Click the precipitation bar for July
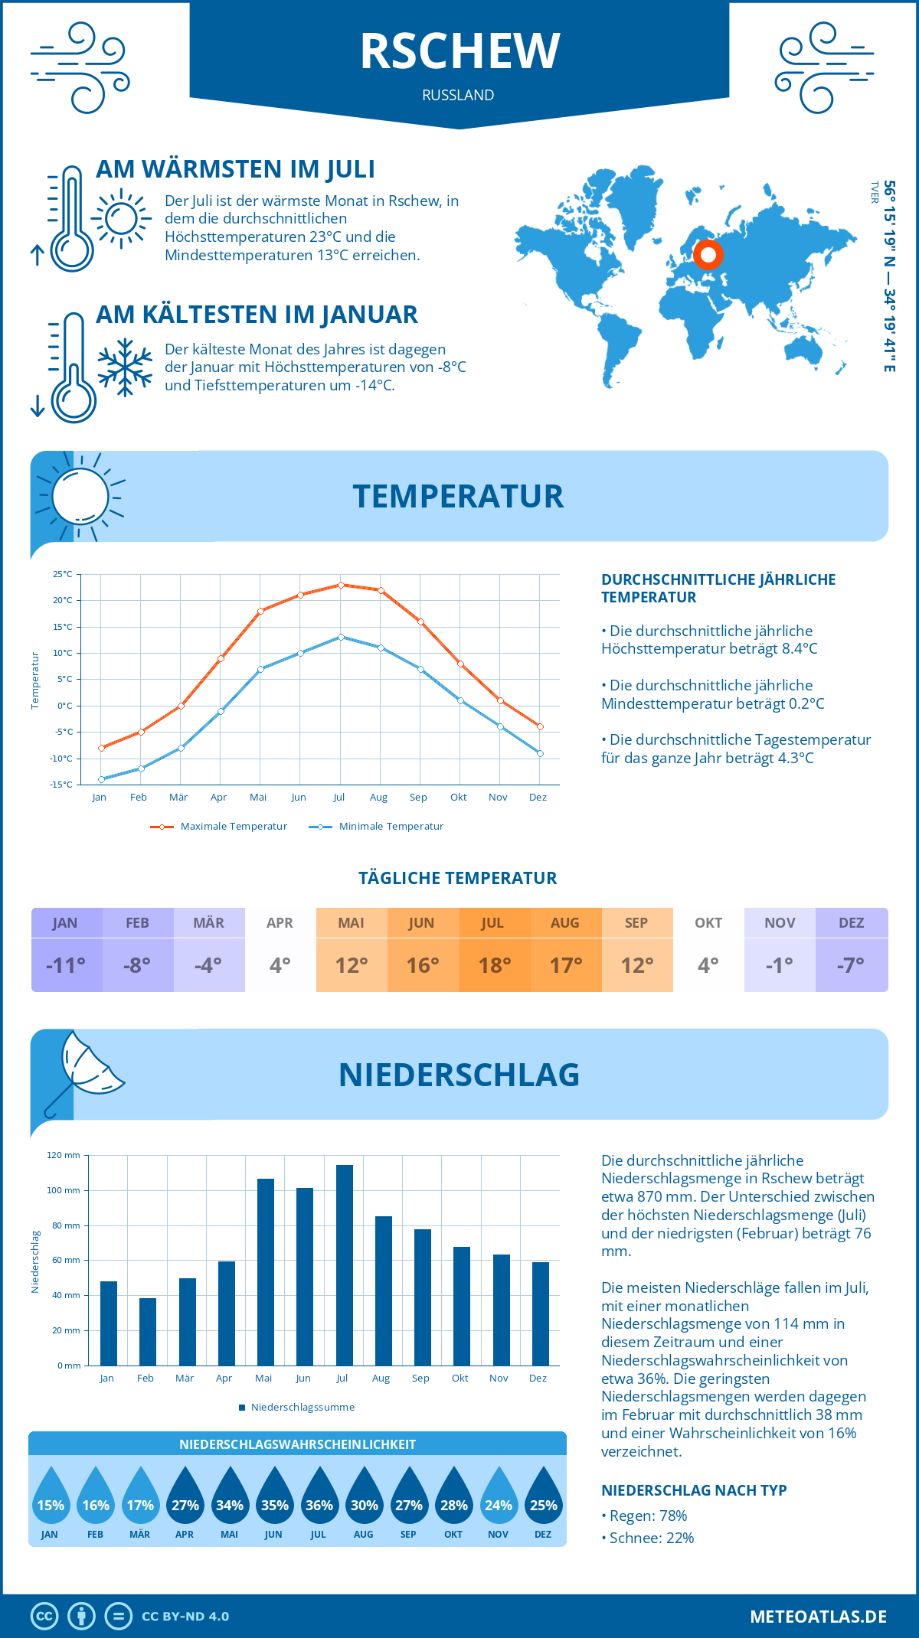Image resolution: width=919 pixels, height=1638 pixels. click(345, 1265)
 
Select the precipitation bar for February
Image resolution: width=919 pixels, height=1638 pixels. click(148, 1332)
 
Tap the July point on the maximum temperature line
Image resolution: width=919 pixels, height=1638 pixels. click(341, 585)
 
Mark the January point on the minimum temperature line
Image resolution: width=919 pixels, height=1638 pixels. click(101, 779)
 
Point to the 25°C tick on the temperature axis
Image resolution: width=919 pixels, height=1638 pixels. click(63, 574)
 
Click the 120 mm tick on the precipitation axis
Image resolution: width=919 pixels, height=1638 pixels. click(64, 1155)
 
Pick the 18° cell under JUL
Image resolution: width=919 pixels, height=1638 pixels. click(495, 965)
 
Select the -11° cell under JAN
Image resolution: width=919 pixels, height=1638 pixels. click(66, 965)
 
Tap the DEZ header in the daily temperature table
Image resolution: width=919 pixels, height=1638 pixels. click(852, 923)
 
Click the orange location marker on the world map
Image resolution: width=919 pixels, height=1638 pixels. click(708, 255)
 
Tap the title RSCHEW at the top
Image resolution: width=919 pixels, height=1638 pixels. click(459, 52)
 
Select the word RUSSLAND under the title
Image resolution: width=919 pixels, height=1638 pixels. click(458, 95)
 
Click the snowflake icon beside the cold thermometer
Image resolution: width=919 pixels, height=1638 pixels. click(125, 367)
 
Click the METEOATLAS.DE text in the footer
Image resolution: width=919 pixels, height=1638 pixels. click(818, 1617)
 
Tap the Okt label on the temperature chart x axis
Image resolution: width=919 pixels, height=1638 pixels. click(458, 798)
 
